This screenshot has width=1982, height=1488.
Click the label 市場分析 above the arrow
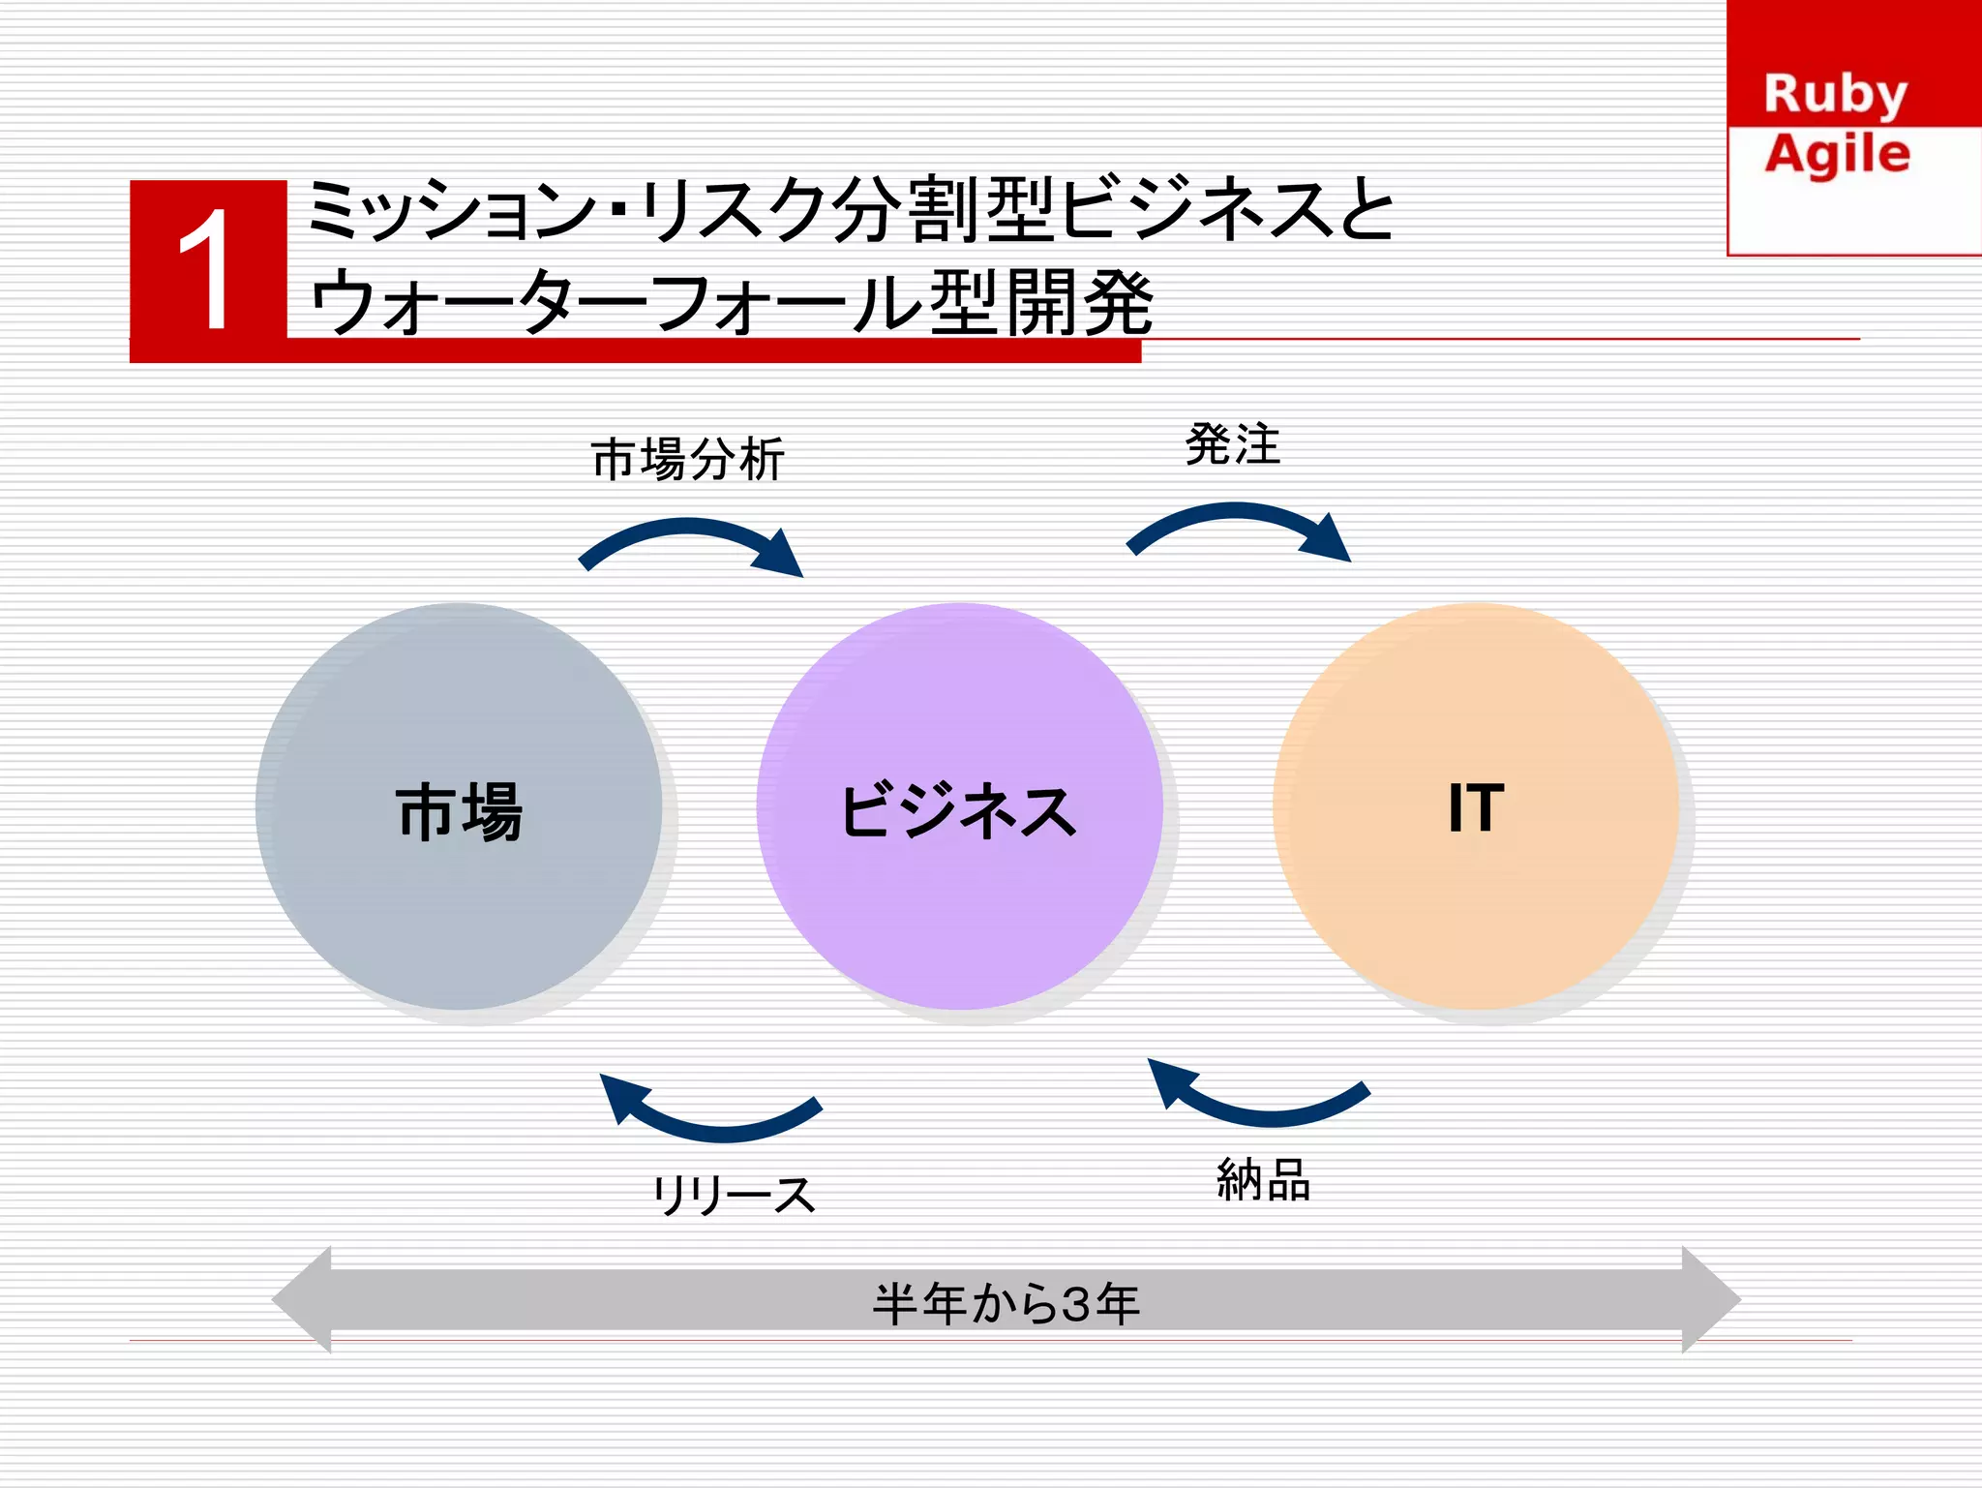pyautogui.click(x=687, y=459)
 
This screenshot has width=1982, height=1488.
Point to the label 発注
pyautogui.click(x=1233, y=445)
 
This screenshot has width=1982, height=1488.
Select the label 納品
pyautogui.click(x=1263, y=1180)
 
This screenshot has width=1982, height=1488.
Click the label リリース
pyautogui.click(x=734, y=1195)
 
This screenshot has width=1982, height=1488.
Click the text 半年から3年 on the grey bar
pyautogui.click(x=1006, y=1303)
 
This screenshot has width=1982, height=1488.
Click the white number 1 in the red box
pyautogui.click(x=206, y=270)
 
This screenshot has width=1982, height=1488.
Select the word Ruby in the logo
pyautogui.click(x=1835, y=95)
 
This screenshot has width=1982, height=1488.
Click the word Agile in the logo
pyautogui.click(x=1837, y=155)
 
